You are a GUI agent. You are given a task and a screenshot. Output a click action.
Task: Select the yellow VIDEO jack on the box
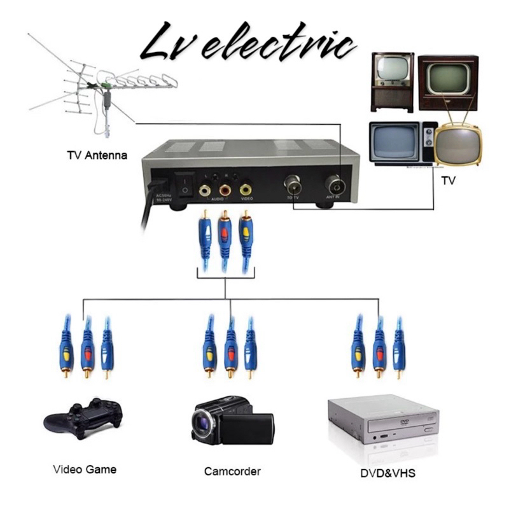(246, 190)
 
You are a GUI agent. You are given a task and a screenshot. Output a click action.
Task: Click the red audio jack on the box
(225, 190)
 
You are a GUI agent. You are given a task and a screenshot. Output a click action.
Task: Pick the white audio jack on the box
(205, 190)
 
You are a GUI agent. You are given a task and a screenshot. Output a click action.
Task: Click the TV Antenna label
(97, 155)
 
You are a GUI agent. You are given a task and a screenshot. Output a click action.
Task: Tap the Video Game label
(85, 470)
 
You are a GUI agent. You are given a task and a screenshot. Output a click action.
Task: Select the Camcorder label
(232, 471)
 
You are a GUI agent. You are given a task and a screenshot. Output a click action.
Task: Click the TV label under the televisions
(449, 181)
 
